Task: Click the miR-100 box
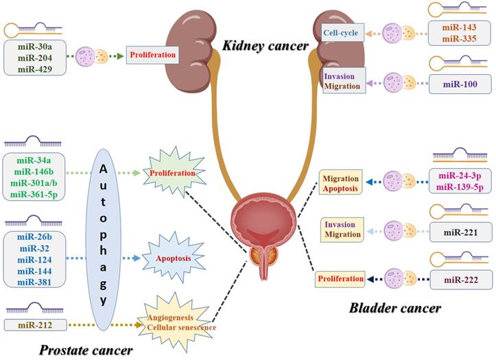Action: click(460, 84)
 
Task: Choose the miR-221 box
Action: click(460, 232)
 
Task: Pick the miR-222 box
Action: click(460, 280)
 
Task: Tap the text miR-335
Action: click(460, 38)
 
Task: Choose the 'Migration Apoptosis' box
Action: click(340, 183)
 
